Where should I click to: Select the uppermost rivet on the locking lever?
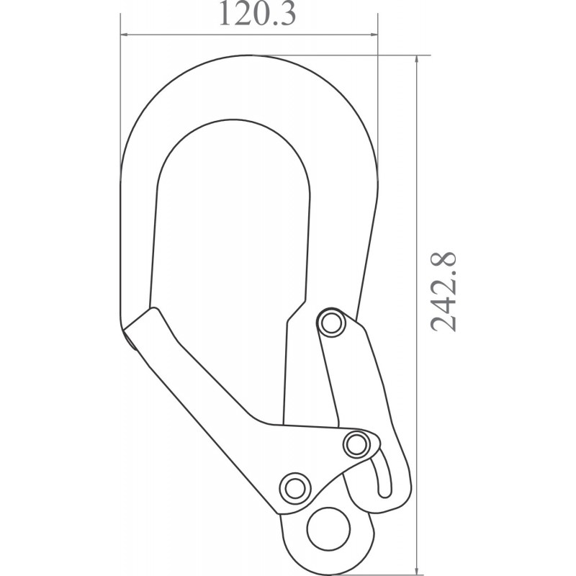[x=331, y=322]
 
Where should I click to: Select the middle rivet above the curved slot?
[x=356, y=444]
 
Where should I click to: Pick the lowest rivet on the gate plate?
[x=293, y=487]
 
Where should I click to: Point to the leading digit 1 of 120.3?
[x=225, y=15]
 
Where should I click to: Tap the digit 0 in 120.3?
[x=257, y=15]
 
